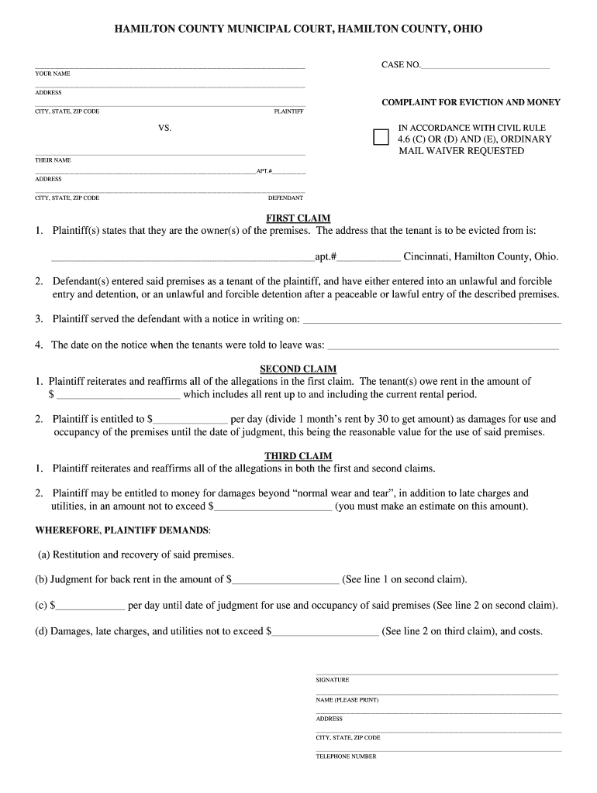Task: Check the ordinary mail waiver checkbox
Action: (x=381, y=138)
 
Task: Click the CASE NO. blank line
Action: (x=485, y=67)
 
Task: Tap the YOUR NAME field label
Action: (x=53, y=74)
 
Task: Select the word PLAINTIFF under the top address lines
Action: (x=288, y=112)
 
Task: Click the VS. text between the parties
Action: (x=164, y=128)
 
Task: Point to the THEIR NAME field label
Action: (x=53, y=160)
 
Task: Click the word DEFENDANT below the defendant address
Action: (x=285, y=197)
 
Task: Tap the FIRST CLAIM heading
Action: (x=298, y=218)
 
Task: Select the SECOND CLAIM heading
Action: (x=298, y=369)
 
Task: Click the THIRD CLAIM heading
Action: (x=298, y=456)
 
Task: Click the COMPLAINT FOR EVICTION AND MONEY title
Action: (x=471, y=102)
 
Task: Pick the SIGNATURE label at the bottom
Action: (x=333, y=680)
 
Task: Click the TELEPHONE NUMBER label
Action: (x=346, y=757)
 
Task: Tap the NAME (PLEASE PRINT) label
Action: (x=347, y=700)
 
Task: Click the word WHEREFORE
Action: (x=67, y=530)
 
